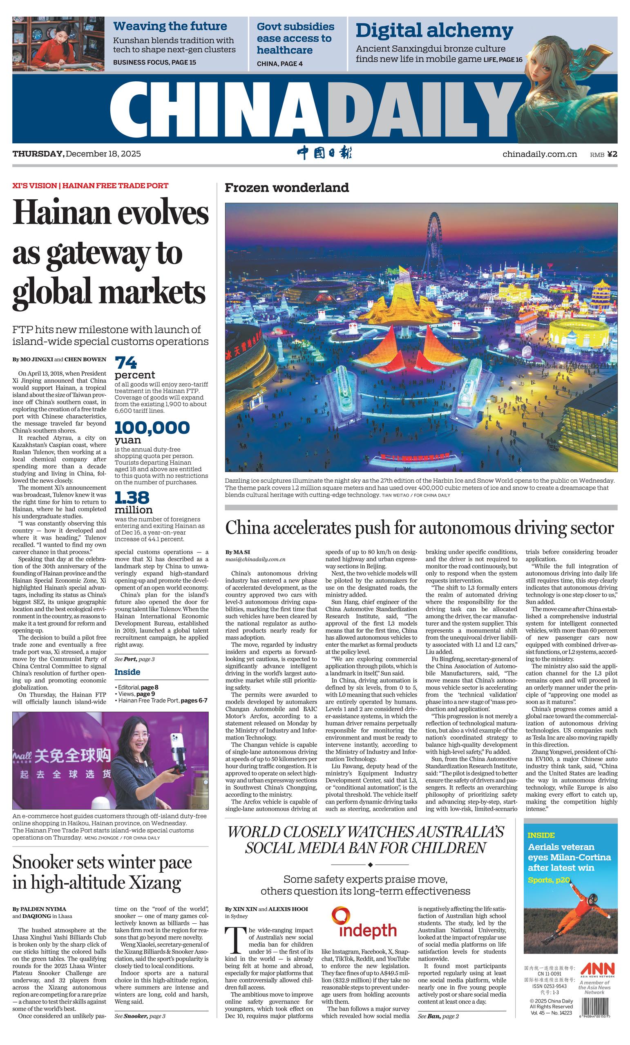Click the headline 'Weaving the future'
(170, 26)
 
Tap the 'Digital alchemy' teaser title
(434, 31)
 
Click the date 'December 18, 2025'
(103, 154)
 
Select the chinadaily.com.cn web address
(539, 154)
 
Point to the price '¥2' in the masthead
(612, 154)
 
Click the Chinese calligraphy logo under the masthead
(324, 153)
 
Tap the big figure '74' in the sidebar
(126, 363)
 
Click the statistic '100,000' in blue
(152, 427)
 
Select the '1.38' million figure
(132, 497)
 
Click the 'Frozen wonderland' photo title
(286, 187)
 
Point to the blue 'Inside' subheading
(127, 672)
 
